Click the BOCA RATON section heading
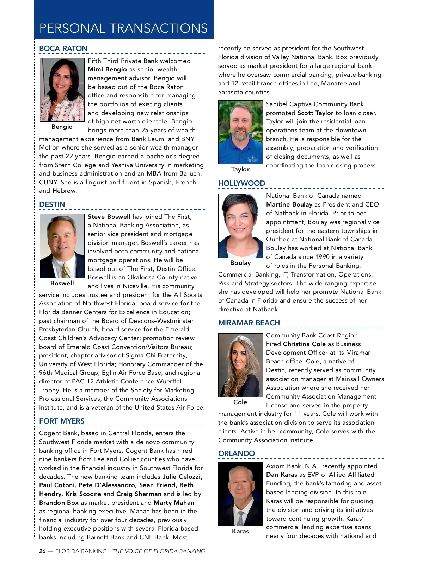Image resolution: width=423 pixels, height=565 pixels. (x=63, y=49)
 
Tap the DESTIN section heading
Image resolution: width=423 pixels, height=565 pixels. (x=52, y=204)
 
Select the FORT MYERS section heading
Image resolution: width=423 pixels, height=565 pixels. (x=62, y=421)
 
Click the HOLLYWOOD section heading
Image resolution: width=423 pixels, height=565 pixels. (x=241, y=183)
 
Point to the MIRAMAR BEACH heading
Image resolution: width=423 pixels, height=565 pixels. (x=249, y=323)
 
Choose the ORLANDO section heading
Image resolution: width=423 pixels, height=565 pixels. (x=236, y=453)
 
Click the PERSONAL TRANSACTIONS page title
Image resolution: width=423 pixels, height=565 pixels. (x=123, y=28)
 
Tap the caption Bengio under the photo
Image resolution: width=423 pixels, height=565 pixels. (x=62, y=127)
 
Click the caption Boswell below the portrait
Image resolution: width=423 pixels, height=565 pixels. (x=62, y=283)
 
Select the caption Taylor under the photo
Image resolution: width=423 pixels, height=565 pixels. (x=240, y=169)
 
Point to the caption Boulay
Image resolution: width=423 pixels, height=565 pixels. (x=240, y=263)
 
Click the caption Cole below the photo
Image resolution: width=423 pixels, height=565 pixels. (x=240, y=402)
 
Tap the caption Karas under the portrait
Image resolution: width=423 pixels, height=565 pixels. (x=240, y=531)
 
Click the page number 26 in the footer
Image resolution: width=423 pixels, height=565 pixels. (x=42, y=551)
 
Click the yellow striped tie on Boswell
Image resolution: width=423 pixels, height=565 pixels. (x=65, y=271)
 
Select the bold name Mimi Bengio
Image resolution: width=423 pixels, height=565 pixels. (x=107, y=70)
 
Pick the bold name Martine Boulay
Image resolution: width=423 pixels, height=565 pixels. (x=289, y=204)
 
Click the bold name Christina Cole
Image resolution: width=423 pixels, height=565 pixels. (x=304, y=344)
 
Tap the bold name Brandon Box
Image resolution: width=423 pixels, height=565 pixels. (x=59, y=503)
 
